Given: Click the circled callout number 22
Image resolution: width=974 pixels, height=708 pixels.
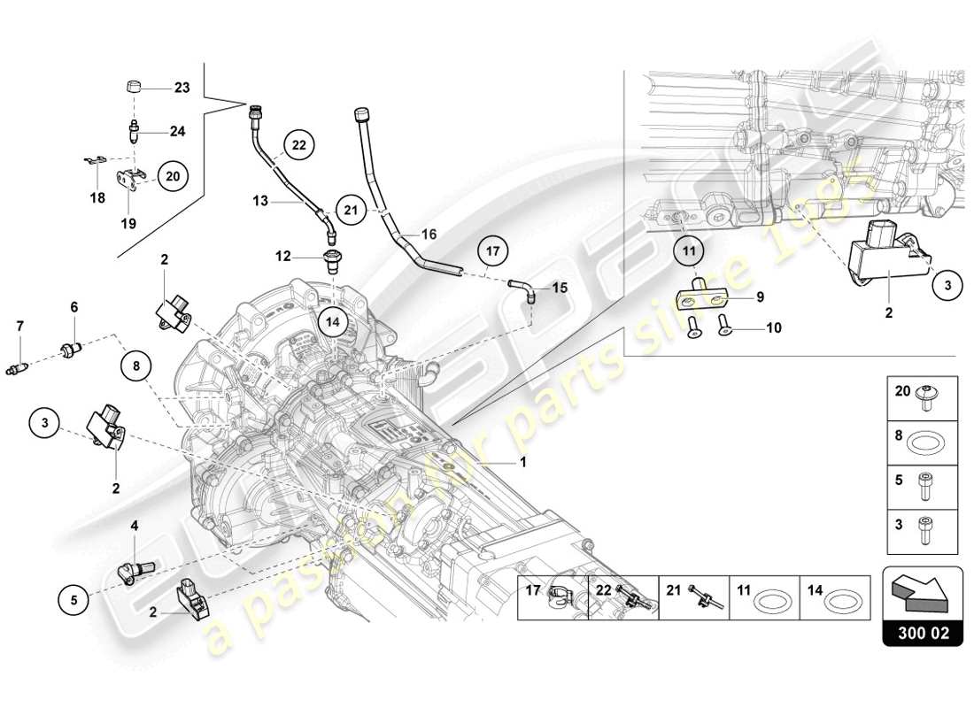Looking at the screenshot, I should [x=299, y=145].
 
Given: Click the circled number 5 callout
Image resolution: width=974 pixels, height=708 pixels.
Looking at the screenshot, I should [x=74, y=600].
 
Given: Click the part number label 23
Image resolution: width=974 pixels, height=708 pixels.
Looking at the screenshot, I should [x=182, y=88].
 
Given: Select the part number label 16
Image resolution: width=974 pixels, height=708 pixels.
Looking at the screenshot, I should [x=429, y=235].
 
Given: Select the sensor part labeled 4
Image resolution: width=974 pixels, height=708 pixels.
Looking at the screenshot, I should [x=135, y=569].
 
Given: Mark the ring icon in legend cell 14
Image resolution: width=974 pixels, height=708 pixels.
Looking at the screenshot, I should [x=841, y=601].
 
